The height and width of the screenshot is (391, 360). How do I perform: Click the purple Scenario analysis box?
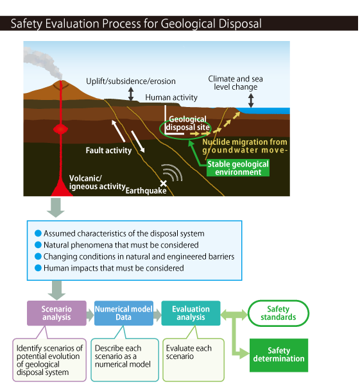(x=56, y=313)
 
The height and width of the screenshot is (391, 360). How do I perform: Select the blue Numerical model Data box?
(x=124, y=313)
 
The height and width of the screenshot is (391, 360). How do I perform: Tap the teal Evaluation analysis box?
(x=191, y=313)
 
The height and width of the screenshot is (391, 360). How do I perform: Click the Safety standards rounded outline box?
(x=278, y=313)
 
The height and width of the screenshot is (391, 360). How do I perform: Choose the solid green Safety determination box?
(x=279, y=355)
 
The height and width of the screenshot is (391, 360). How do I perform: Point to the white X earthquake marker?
(x=164, y=183)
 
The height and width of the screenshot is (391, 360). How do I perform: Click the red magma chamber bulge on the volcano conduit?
(x=61, y=129)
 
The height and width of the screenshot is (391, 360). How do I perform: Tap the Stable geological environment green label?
(x=238, y=168)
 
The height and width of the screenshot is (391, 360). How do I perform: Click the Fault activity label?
(x=108, y=151)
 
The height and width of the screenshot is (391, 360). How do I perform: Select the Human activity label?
(x=171, y=97)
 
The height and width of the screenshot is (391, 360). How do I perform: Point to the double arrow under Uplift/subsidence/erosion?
(x=131, y=94)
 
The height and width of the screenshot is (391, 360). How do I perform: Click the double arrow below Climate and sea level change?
(x=251, y=100)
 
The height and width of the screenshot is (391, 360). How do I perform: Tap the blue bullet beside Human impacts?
(x=38, y=268)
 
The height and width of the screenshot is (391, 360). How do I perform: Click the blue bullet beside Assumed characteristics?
(x=38, y=233)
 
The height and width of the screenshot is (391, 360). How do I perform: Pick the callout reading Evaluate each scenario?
(x=194, y=360)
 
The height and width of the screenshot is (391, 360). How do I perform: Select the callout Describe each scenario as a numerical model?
(x=124, y=360)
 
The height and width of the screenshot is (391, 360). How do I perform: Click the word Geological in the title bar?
(x=188, y=24)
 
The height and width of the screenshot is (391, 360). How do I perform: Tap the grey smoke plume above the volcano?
(x=42, y=62)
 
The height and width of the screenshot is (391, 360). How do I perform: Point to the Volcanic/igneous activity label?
(x=98, y=182)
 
